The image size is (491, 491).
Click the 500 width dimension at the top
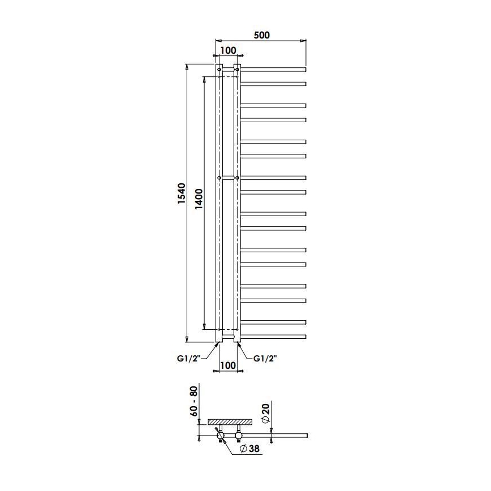pyautogui.click(x=261, y=35)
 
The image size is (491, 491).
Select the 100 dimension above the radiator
pyautogui.click(x=227, y=50)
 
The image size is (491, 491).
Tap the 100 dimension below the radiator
pyautogui.click(x=227, y=365)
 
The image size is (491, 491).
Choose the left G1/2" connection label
pyautogui.click(x=188, y=358)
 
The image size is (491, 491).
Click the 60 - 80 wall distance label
pyautogui.click(x=193, y=401)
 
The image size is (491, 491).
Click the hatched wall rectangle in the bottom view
pyautogui.click(x=230, y=421)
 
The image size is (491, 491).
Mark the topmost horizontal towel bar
pyautogui.click(x=273, y=69)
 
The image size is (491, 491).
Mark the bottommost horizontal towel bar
pyautogui.click(x=273, y=337)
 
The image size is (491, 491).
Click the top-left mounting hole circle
pyautogui.click(x=219, y=70)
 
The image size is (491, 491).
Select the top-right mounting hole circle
pyautogui.click(x=237, y=70)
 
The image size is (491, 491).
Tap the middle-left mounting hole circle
pyautogui.click(x=219, y=178)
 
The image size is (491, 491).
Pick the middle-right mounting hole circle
pyautogui.click(x=237, y=178)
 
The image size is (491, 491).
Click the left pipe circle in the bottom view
pyautogui.click(x=219, y=435)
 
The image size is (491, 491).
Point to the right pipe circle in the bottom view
pyautogui.click(x=238, y=435)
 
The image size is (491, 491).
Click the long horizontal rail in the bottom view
pyautogui.click(x=277, y=435)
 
